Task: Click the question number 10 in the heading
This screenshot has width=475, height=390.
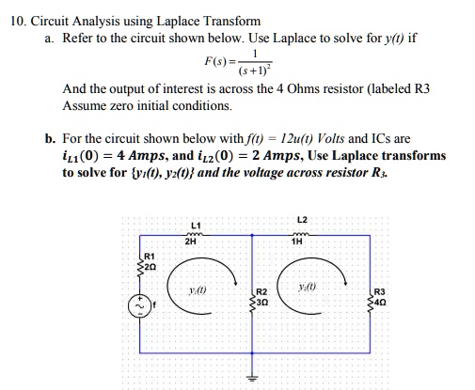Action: tap(14, 20)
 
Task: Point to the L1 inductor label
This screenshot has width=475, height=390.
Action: tap(195, 225)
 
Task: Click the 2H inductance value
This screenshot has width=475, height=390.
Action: tap(195, 241)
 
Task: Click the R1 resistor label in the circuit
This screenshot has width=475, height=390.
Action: tap(149, 256)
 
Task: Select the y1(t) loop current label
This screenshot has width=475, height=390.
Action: tap(197, 288)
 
